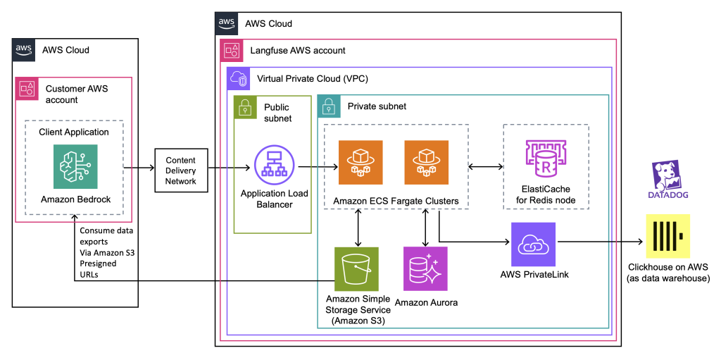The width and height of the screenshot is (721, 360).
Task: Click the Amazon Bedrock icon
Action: (x=76, y=167)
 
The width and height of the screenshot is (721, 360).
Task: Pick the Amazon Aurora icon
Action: (x=425, y=268)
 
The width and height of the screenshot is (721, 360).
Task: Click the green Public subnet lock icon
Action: (x=244, y=106)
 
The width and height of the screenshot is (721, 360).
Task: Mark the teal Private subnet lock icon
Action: (x=328, y=106)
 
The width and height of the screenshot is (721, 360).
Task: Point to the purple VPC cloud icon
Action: (x=237, y=78)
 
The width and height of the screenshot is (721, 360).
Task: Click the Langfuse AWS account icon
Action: (x=231, y=50)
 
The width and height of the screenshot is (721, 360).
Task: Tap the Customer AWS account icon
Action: (x=26, y=89)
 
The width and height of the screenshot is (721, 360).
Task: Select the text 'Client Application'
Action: (x=74, y=132)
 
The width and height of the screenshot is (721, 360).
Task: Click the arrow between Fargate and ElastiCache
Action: (x=484, y=168)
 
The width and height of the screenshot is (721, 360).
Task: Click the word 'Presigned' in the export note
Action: (x=98, y=263)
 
